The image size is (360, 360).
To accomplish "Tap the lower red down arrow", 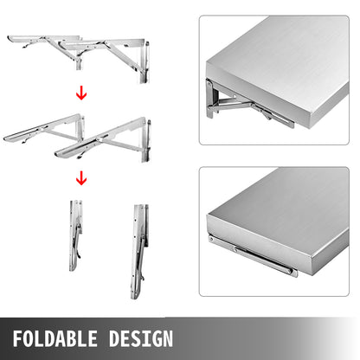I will pyautogui.click(x=81, y=179).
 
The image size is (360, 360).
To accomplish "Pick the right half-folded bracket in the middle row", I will pyautogui.click(x=104, y=139).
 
